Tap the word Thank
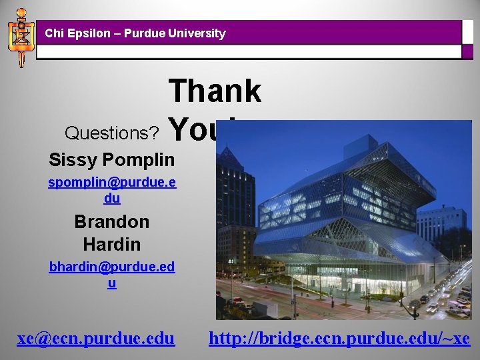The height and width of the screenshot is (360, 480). coord(215,91)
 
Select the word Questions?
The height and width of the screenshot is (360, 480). coord(111,133)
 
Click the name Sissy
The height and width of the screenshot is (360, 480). coord(72,160)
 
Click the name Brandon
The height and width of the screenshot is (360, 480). coord(111,221)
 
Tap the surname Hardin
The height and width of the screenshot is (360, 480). coord(111,244)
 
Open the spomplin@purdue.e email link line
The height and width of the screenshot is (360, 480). coord(112,183)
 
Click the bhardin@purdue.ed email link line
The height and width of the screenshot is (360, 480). coord(112,267)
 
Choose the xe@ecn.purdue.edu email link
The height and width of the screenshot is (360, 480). coord(96,339)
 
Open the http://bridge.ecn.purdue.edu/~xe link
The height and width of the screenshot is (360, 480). coord(339,339)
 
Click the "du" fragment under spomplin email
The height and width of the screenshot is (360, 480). coord(112,198)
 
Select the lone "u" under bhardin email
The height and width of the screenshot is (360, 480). coord(112,283)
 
